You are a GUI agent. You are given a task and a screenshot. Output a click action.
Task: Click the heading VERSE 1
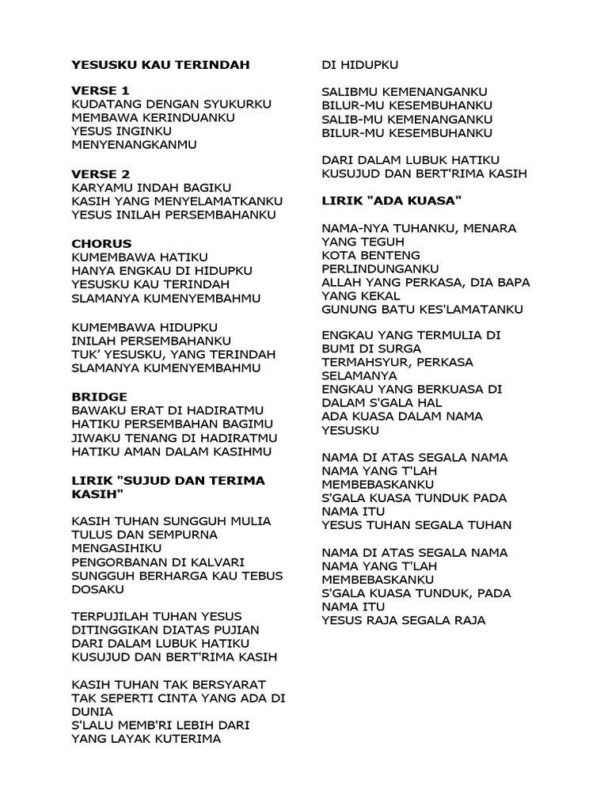[100, 90]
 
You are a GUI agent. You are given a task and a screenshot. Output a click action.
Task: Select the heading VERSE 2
[100, 173]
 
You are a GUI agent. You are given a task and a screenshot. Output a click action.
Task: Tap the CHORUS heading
[101, 243]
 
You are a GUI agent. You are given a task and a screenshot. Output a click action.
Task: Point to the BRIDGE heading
[99, 396]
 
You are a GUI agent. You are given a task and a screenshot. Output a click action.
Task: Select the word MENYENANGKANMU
[134, 146]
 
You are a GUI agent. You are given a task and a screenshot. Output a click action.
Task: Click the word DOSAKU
[98, 590]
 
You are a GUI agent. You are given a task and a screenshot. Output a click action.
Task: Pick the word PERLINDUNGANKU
[381, 269]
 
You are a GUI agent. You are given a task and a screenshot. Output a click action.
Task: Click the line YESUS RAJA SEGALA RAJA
[404, 620]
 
